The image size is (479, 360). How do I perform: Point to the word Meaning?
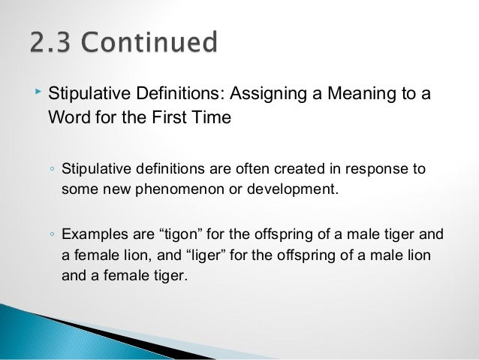point(355,95)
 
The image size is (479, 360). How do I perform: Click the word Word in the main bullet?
point(67,119)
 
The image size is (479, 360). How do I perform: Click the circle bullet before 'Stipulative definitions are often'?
point(50,169)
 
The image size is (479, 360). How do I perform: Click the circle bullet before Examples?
point(50,236)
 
